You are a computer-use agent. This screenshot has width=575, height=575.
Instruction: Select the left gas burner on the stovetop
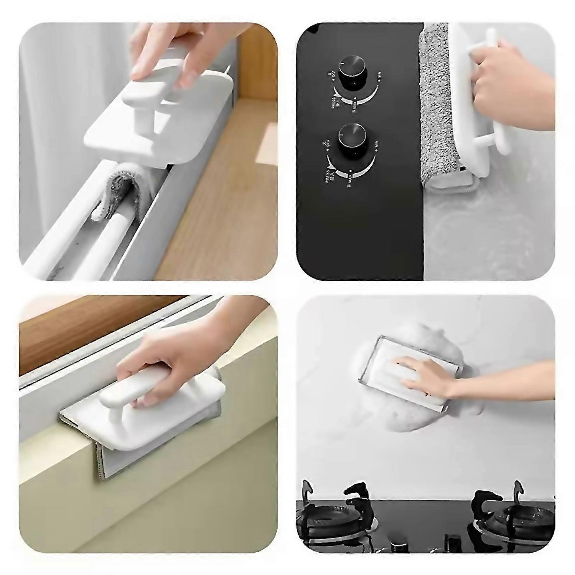coord(327,519)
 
